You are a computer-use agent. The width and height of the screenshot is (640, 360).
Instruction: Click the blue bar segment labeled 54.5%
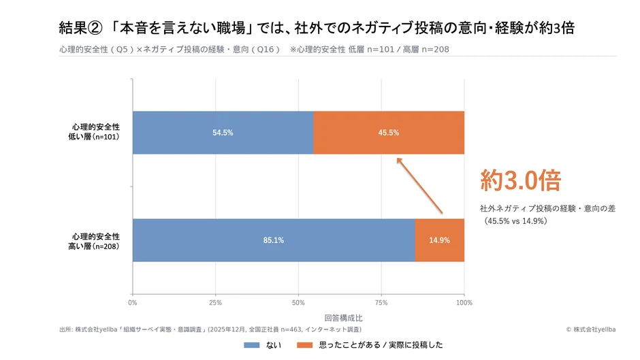pyautogui.click(x=223, y=133)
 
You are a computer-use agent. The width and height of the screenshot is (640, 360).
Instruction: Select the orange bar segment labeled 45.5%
pyautogui.click(x=389, y=133)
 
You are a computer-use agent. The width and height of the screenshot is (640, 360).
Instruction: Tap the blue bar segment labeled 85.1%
pyautogui.click(x=274, y=240)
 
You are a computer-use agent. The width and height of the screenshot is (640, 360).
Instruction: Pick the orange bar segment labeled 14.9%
pyautogui.click(x=439, y=240)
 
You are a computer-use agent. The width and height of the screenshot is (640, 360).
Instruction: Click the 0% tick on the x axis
pyautogui.click(x=133, y=301)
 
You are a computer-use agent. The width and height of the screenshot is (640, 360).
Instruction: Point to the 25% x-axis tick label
pyautogui.click(x=216, y=301)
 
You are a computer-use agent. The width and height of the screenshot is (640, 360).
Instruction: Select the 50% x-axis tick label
pyautogui.click(x=298, y=301)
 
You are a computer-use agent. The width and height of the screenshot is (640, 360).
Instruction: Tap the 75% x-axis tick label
pyautogui.click(x=381, y=301)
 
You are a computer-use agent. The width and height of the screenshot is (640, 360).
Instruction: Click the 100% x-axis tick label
pyautogui.click(x=464, y=301)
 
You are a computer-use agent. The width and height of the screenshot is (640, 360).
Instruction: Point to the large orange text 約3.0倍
pyautogui.click(x=520, y=180)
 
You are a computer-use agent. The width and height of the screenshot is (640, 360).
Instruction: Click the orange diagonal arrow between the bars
pyautogui.click(x=420, y=186)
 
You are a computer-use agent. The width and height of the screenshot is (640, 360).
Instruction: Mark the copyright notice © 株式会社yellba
pyautogui.click(x=590, y=329)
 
